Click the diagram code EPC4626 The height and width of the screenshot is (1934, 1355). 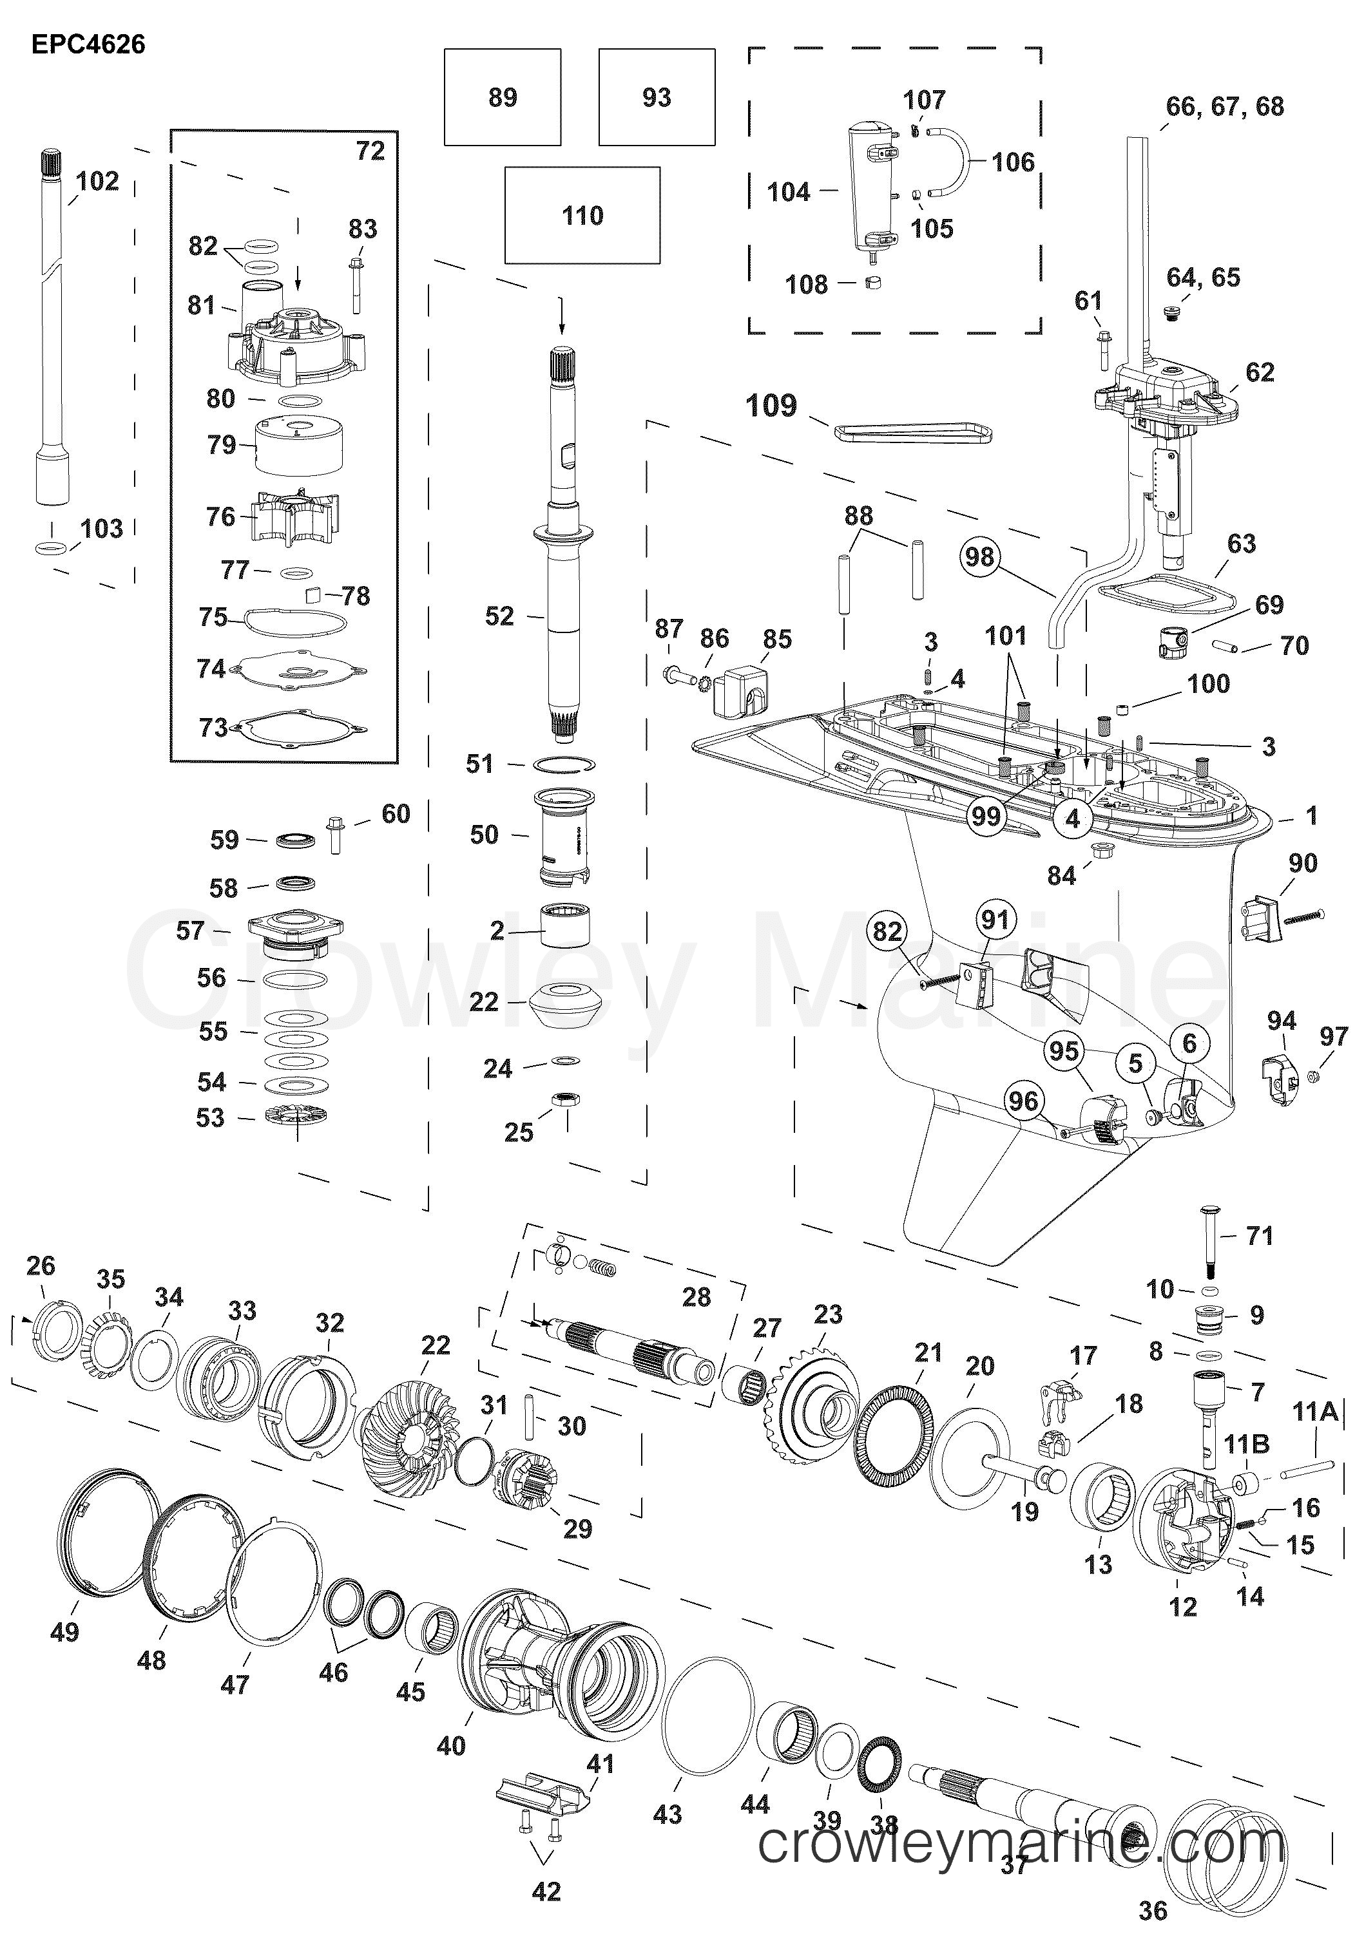point(88,44)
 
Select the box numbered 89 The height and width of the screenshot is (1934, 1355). point(502,97)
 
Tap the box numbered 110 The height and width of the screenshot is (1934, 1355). point(582,216)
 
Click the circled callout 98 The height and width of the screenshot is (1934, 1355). point(979,557)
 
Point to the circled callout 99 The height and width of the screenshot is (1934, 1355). point(986,815)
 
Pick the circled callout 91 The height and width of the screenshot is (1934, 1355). point(995,920)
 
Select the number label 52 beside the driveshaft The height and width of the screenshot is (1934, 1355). point(499,616)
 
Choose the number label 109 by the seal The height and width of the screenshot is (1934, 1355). point(771,406)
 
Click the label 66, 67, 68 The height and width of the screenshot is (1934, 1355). point(1224,107)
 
